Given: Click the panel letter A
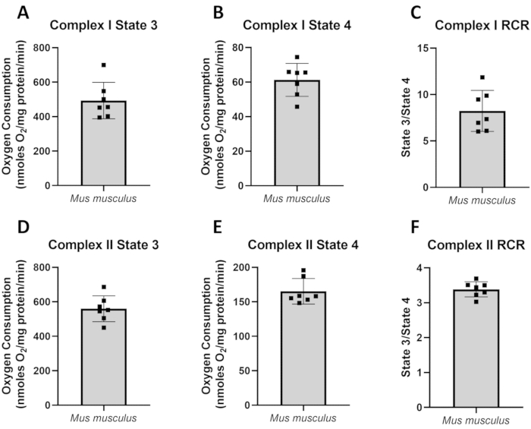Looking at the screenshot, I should (14, 14).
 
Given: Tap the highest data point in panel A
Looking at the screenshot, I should (103, 65).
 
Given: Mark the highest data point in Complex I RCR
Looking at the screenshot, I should (482, 77).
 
